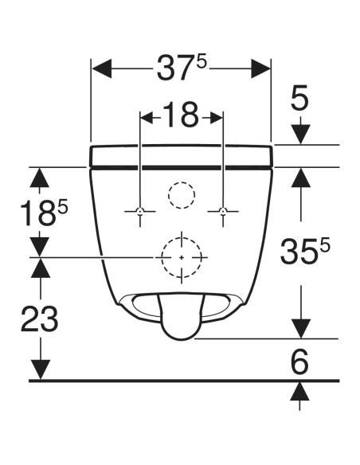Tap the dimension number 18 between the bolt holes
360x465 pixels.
pyautogui.click(x=181, y=117)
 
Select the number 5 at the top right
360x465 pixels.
pyautogui.click(x=299, y=98)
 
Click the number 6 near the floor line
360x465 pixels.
pyautogui.click(x=299, y=363)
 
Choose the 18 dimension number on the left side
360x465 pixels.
pyautogui.click(x=35, y=213)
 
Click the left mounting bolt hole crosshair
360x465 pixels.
pyautogui.click(x=140, y=211)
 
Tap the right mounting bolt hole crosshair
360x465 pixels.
pyautogui.click(x=223, y=211)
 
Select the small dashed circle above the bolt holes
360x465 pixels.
pyautogui.click(x=182, y=193)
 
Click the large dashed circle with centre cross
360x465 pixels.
pyautogui.click(x=182, y=258)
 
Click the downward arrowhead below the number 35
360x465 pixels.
pyautogui.click(x=299, y=327)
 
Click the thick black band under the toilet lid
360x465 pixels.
pyautogui.click(x=182, y=166)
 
